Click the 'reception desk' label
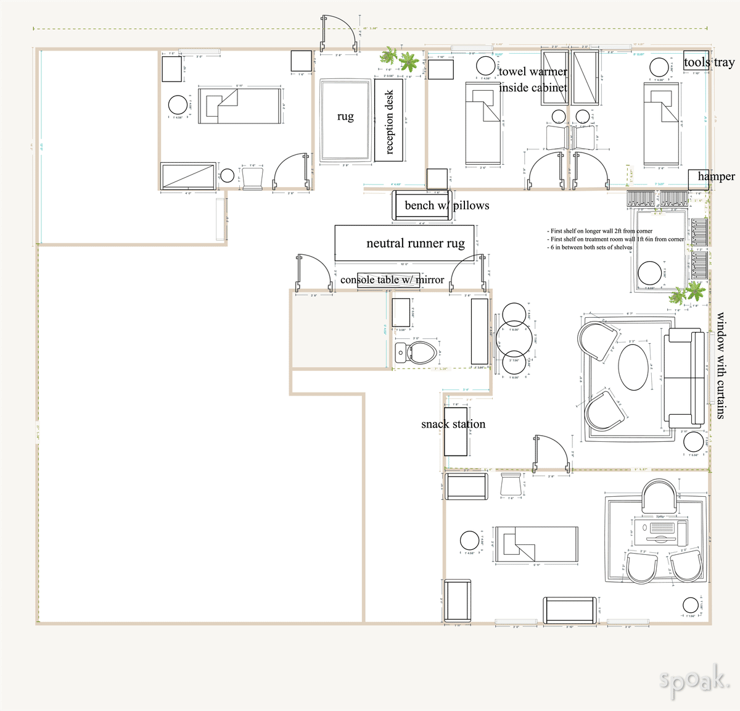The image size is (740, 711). (x=389, y=122)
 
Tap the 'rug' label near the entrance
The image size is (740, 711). (x=345, y=117)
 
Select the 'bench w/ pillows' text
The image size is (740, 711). (x=446, y=206)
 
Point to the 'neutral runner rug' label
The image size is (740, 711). (x=415, y=243)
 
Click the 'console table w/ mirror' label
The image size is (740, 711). (x=392, y=280)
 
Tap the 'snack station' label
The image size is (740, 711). (x=453, y=424)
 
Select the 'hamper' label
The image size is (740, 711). (x=716, y=177)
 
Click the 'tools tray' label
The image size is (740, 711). (x=709, y=62)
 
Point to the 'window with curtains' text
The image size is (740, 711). (x=720, y=366)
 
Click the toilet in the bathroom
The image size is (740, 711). (x=422, y=354)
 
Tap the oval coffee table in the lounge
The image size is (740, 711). (x=635, y=367)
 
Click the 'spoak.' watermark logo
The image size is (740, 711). (x=694, y=681)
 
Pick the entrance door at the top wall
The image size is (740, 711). (x=339, y=35)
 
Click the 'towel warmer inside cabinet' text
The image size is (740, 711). (x=533, y=80)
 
